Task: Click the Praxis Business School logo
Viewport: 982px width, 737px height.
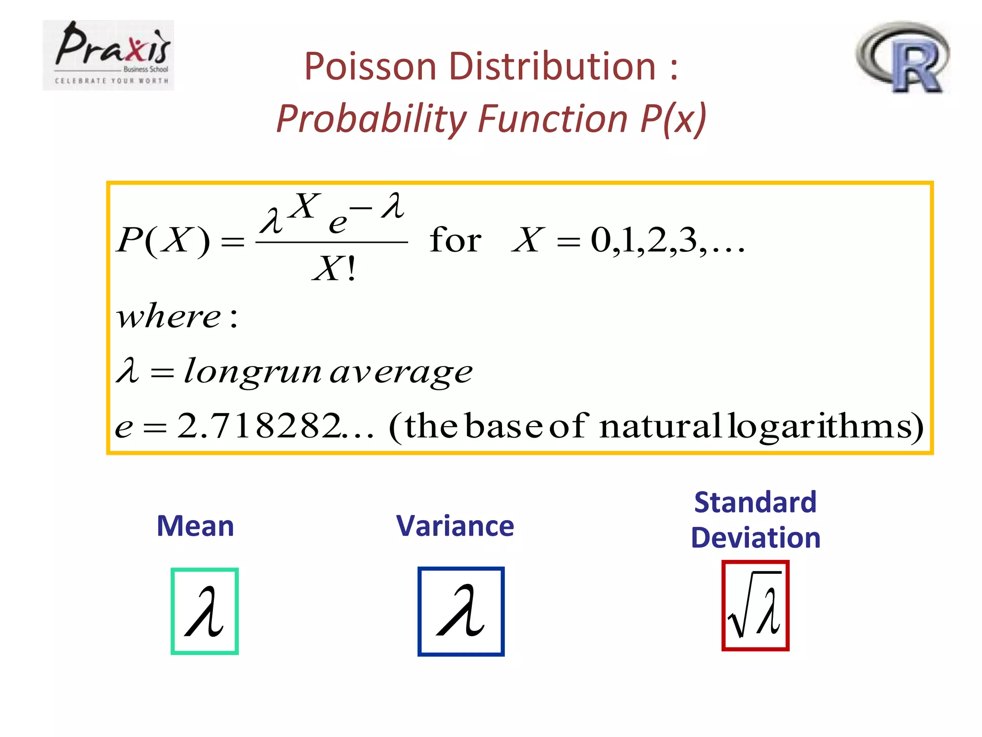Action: [x=108, y=55]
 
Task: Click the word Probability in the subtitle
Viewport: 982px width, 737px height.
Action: [x=372, y=119]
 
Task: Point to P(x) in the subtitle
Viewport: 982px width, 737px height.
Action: [x=673, y=119]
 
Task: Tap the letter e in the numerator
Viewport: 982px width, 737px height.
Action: [x=338, y=223]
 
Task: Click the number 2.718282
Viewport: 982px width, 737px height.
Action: [x=259, y=426]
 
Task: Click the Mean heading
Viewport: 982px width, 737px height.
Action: [x=195, y=526]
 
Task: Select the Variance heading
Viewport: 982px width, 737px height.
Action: [x=455, y=526]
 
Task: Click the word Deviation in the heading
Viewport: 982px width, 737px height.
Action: [x=756, y=537]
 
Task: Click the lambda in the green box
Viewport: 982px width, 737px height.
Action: [x=205, y=612]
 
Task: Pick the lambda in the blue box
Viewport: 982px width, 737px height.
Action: [x=461, y=611]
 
